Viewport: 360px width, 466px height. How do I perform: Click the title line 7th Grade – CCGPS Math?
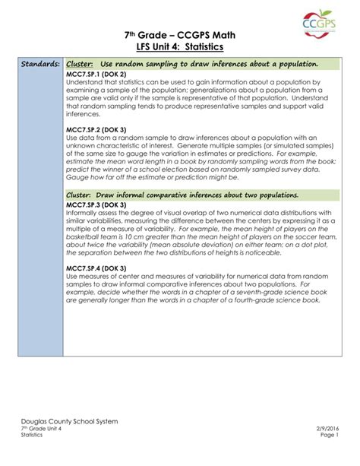pos(180,35)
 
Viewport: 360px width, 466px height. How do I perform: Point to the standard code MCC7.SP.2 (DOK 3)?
pos(96,129)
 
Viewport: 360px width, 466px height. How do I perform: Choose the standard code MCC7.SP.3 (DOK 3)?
pos(96,204)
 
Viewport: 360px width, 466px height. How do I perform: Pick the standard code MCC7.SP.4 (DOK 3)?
pos(96,268)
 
